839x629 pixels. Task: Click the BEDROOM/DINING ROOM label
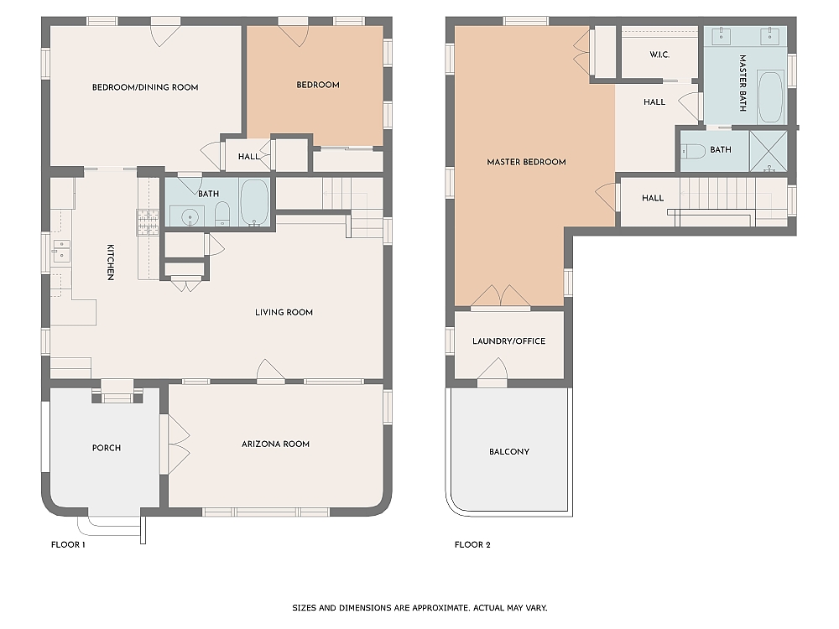(x=145, y=87)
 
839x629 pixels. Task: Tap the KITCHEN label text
(x=110, y=263)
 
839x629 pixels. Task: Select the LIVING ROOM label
(x=284, y=313)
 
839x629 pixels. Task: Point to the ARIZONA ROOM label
(x=275, y=444)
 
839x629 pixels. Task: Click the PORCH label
(x=107, y=448)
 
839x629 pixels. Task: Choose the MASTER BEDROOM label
(x=526, y=162)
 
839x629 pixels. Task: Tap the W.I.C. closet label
(x=659, y=55)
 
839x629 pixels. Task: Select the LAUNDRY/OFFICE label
(x=508, y=341)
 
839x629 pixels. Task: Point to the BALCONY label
(x=509, y=452)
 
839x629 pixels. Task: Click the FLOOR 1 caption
(x=68, y=545)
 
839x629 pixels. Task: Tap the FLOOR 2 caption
(x=472, y=545)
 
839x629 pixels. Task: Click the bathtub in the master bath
(x=769, y=96)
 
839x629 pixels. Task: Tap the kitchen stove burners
(x=148, y=221)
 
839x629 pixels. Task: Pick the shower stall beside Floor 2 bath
(x=768, y=151)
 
